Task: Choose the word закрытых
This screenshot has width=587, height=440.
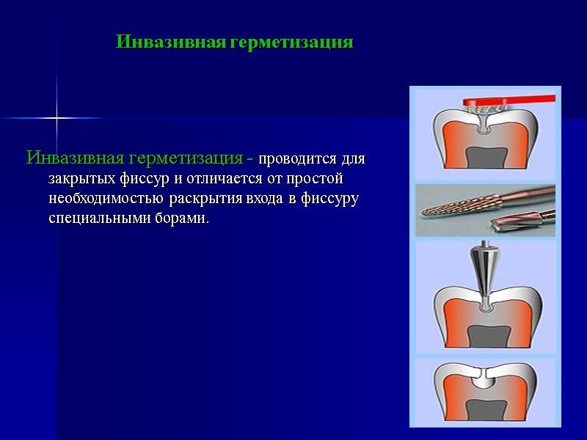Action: [78, 179]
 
